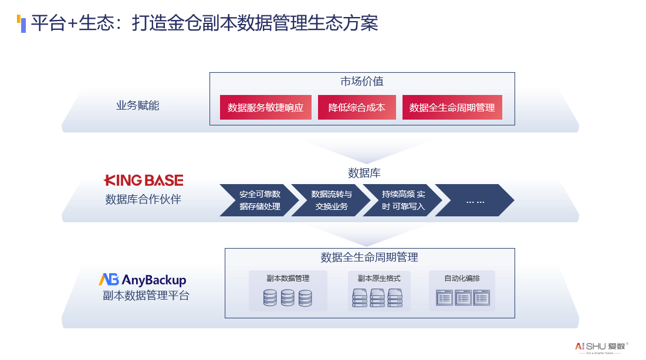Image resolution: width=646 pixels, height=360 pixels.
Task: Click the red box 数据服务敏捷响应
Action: coord(265,107)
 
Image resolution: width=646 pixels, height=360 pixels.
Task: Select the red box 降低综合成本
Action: coord(357,107)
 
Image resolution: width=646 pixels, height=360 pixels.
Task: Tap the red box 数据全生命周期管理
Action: coord(452,107)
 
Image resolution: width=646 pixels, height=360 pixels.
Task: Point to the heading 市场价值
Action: coord(362,81)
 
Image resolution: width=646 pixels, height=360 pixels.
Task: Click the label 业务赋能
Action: coord(138,106)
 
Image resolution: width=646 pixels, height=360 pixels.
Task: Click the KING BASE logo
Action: coord(144,180)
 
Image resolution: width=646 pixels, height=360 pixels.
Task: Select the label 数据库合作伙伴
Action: coord(143,199)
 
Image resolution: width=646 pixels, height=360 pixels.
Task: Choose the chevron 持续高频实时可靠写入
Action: coord(403,200)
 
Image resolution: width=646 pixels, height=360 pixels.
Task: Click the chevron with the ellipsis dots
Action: coord(475,201)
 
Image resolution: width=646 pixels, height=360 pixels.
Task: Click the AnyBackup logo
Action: coord(143,280)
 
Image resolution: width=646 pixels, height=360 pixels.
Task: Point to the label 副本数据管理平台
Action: coord(146,296)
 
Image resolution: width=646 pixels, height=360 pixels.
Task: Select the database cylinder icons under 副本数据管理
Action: coord(288,298)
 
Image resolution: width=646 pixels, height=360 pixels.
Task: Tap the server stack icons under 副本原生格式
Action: coord(378,298)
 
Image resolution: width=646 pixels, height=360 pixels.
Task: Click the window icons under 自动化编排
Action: coord(462,298)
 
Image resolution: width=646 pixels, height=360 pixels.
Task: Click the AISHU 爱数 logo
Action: coord(601,347)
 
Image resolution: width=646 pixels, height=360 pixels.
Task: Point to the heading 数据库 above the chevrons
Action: coord(364,173)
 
